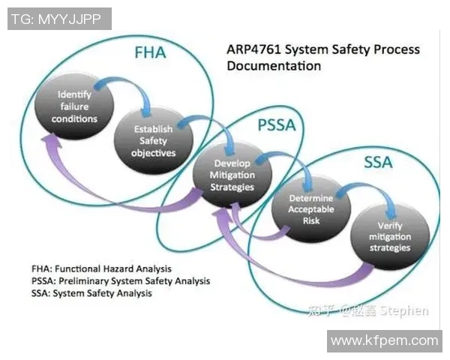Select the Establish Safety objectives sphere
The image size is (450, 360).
tap(154, 140)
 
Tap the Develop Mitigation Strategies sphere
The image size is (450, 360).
tap(233, 175)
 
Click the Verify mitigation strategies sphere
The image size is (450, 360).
tap(390, 235)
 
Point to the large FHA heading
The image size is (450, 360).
tap(150, 53)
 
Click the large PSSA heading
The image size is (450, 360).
tap(277, 125)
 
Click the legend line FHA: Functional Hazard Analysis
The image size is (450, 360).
tap(101, 268)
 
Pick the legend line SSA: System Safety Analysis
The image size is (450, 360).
tap(91, 293)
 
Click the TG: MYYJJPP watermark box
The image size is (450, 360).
tap(59, 19)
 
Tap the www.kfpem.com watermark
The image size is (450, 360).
tap(384, 340)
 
